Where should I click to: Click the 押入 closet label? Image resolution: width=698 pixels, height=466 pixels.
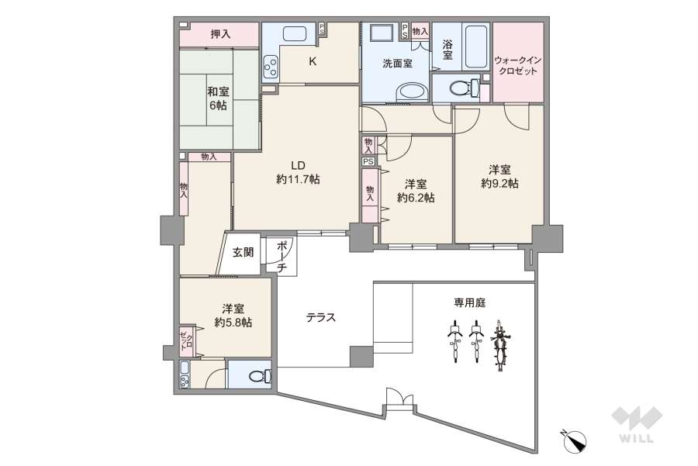coord(220,34)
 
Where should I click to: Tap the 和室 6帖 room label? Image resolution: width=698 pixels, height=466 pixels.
coord(218,98)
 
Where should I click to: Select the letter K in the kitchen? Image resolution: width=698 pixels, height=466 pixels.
coord(313,61)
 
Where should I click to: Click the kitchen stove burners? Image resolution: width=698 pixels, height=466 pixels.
coord(271,69)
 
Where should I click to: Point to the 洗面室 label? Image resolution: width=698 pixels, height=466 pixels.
coord(397,64)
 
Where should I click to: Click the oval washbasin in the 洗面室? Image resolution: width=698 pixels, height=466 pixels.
coord(410,94)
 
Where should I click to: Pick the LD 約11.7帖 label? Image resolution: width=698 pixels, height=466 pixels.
coord(298,172)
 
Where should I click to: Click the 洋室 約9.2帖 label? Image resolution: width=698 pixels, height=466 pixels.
coord(499,177)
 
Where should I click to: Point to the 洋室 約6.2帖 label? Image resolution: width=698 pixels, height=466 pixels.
coord(416,191)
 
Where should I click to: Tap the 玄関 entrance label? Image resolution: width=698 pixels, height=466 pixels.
coord(243,252)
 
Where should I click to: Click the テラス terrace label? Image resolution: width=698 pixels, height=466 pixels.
coord(320,316)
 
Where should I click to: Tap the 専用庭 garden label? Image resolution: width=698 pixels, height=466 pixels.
coord(470,302)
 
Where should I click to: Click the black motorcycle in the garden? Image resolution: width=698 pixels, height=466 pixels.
coord(500,347)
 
